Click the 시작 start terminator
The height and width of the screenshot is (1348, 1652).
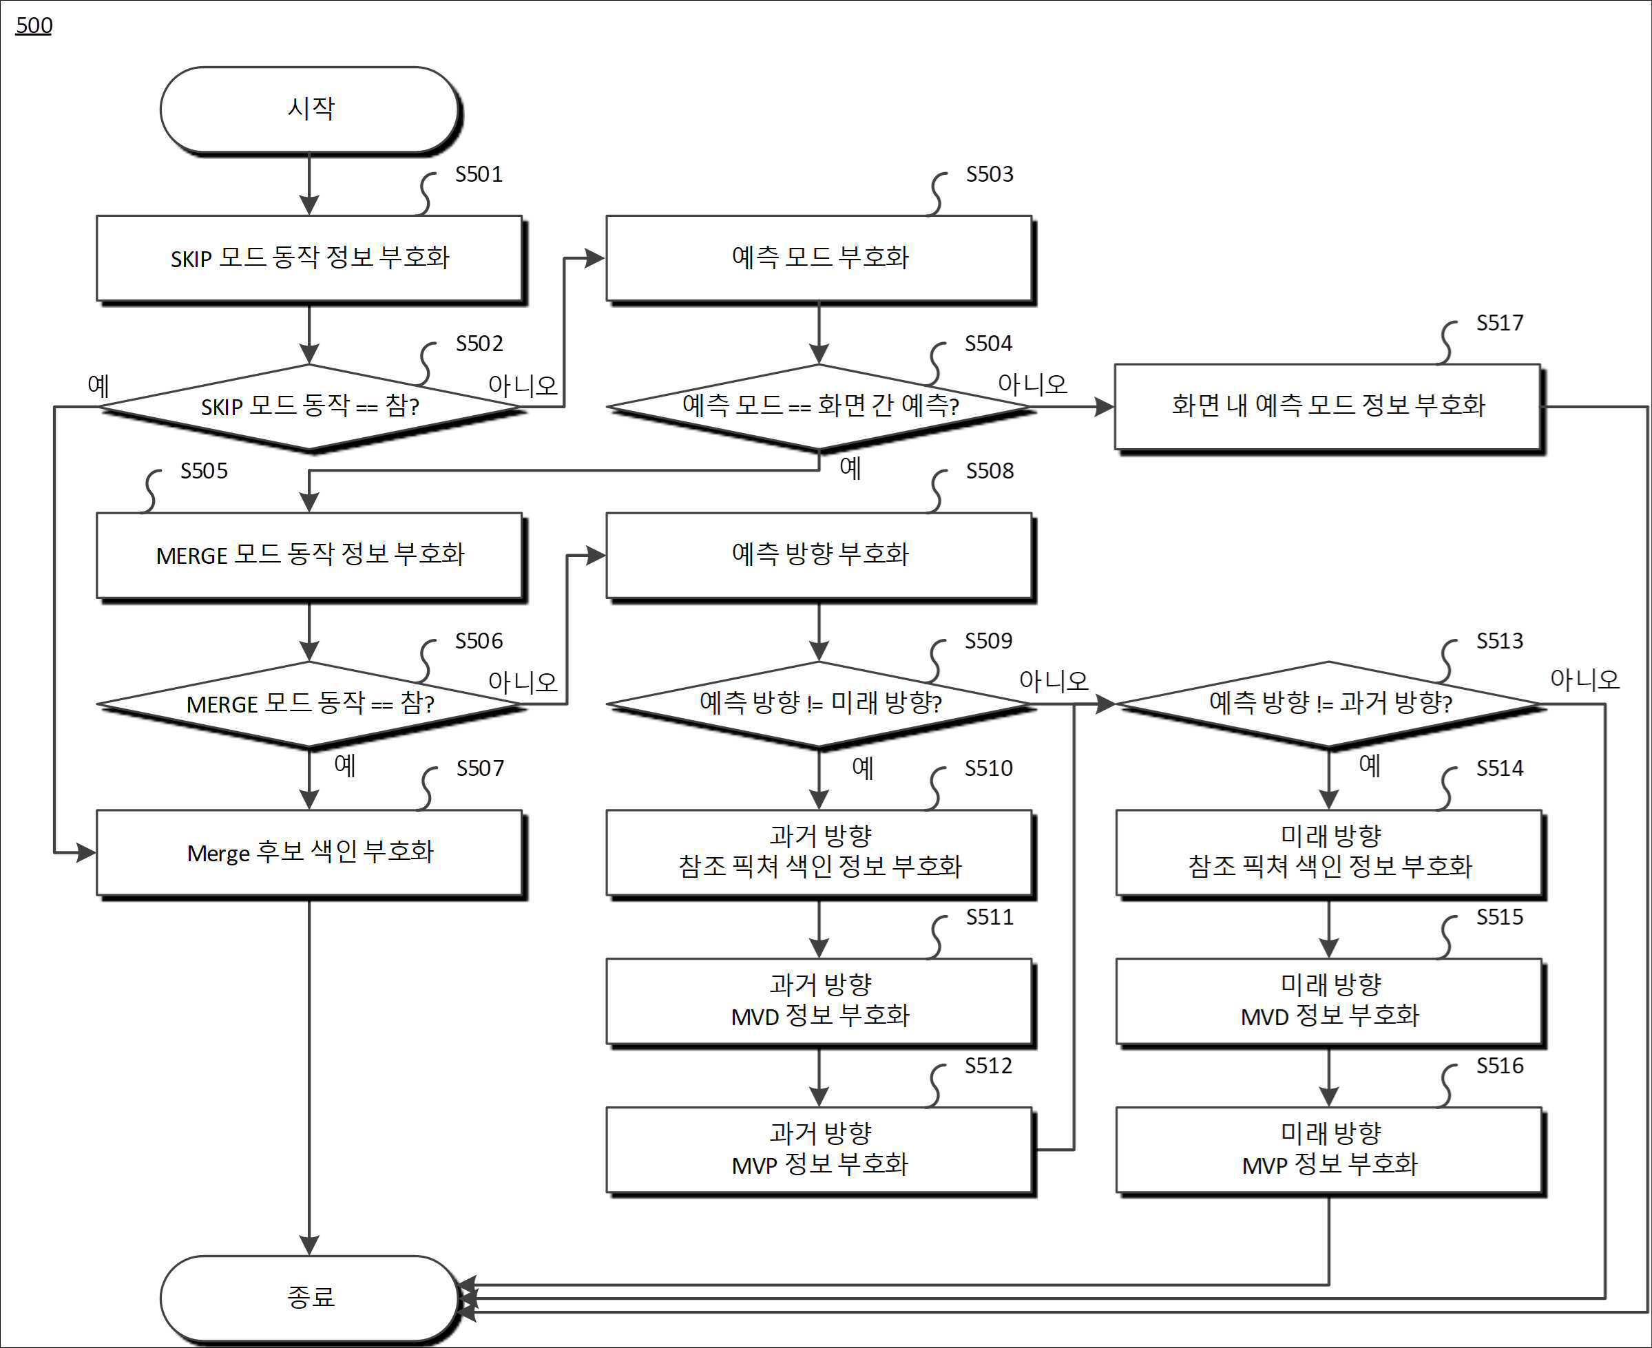pos(310,109)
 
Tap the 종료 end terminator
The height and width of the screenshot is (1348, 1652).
pos(310,1297)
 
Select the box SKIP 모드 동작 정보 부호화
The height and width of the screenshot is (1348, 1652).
pos(310,259)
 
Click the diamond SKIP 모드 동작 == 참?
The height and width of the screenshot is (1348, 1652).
pos(310,406)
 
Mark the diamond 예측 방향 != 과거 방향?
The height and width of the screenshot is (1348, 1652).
pos(1329,704)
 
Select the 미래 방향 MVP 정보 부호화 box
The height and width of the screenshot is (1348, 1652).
pos(1330,1150)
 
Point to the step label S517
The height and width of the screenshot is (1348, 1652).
pos(1500,322)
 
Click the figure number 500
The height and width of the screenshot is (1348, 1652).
pos(34,25)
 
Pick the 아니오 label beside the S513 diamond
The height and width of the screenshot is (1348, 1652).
pos(1585,680)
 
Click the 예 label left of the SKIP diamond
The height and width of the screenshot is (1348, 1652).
pos(98,384)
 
